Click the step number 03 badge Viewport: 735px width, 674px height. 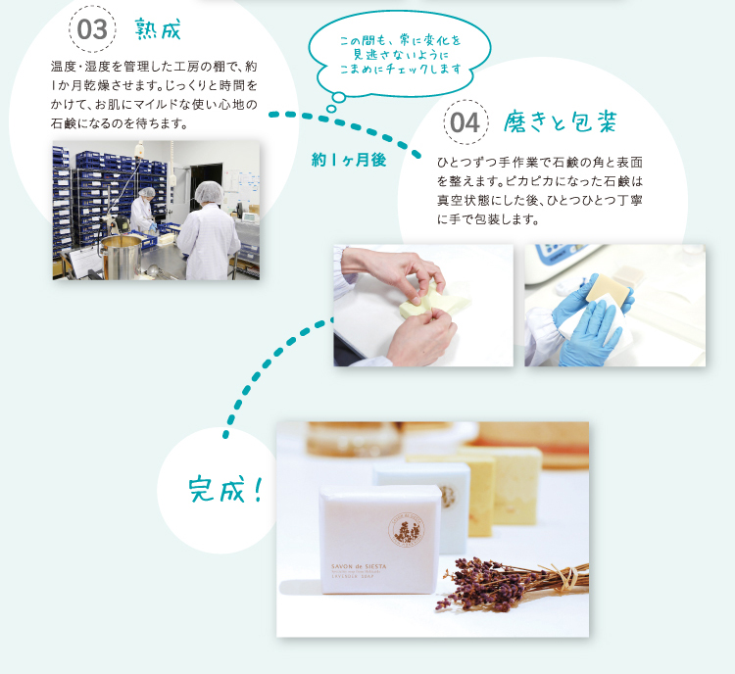[x=92, y=28]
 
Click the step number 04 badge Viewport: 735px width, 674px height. [x=465, y=122]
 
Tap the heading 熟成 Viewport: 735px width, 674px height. [x=158, y=29]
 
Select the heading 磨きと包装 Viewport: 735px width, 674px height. [x=560, y=122]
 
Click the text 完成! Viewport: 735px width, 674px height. [x=225, y=490]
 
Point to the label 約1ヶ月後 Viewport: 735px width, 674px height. [x=349, y=161]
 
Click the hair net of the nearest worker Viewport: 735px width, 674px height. [x=209, y=192]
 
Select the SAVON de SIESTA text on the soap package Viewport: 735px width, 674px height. [x=359, y=566]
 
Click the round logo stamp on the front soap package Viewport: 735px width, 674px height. [x=407, y=530]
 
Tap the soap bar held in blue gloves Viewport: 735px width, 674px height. [x=608, y=289]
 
